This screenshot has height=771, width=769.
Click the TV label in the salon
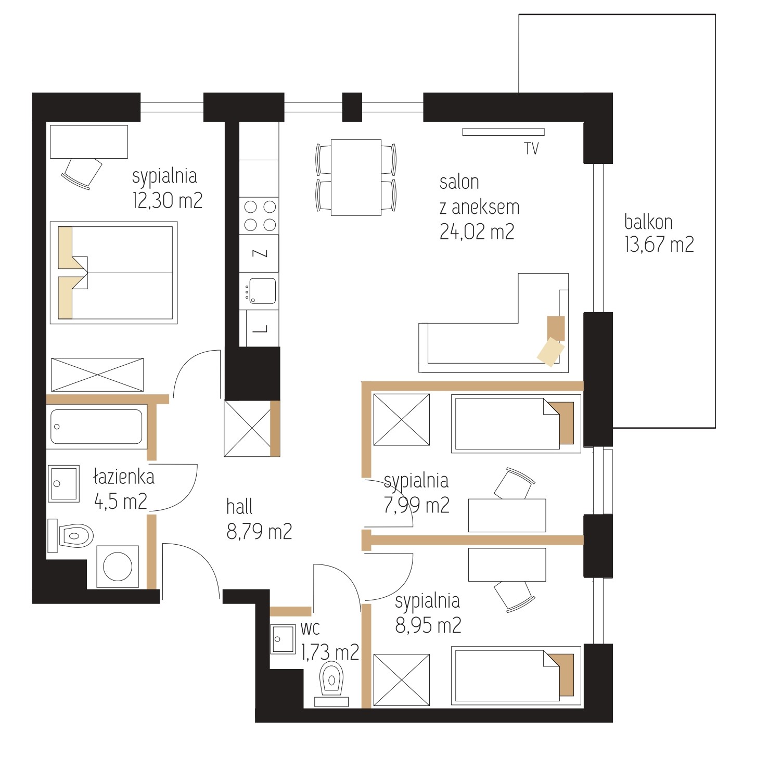[531, 149]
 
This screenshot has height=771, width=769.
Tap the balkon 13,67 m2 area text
[659, 233]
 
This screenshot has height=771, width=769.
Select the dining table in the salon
[356, 177]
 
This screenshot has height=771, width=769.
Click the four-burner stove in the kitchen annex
[259, 216]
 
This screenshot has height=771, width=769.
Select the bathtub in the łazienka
[97, 427]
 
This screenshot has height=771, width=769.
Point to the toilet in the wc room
[332, 683]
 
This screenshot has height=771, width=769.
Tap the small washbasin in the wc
[283, 639]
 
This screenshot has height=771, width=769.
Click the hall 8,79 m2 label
[259, 519]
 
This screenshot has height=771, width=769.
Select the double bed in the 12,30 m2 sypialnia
[113, 273]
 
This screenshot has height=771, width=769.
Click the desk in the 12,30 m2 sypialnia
[89, 142]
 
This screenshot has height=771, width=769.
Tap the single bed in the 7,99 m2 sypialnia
[516, 423]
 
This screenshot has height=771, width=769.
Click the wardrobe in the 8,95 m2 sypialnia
[402, 680]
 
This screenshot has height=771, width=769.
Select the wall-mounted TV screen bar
[503, 132]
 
